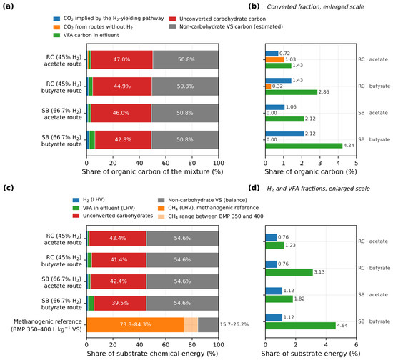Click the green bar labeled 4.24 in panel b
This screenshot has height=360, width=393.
point(304,146)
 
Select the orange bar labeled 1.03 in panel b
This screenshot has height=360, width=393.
point(274,59)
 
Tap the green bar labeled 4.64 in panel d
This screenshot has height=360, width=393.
point(301,326)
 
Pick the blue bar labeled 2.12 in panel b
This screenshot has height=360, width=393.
point(284,134)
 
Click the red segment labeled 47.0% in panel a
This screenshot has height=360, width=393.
point(121,59)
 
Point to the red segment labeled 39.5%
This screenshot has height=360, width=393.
point(120,303)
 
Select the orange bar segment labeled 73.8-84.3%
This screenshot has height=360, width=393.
point(135,325)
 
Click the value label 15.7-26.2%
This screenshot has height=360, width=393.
point(234,325)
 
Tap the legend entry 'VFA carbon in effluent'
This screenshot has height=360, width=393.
point(86,35)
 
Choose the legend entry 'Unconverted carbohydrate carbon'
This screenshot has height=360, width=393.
point(217,19)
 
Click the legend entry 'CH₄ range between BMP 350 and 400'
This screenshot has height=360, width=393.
point(211,216)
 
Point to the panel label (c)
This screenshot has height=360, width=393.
point(8,188)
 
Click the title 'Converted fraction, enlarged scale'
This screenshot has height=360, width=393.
point(315,6)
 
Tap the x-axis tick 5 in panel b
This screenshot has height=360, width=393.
point(356,163)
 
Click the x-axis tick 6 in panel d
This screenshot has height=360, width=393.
point(356,345)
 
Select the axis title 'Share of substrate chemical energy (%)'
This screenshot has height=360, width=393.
point(152,354)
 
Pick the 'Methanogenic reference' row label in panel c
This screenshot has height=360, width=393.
point(46,325)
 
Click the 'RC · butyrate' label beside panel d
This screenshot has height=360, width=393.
point(374,268)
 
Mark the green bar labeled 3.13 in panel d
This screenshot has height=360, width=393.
point(289,272)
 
